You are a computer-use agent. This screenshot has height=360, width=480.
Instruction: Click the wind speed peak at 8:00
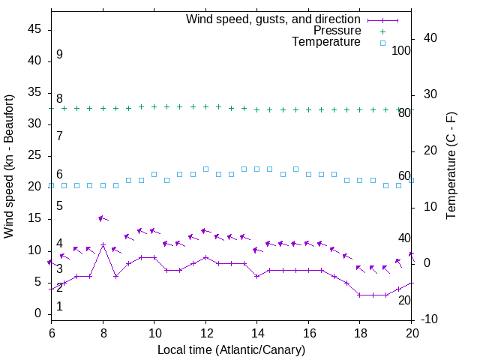103,244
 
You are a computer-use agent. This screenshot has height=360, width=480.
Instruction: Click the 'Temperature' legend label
326,42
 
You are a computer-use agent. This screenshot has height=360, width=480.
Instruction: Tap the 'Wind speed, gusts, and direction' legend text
273,19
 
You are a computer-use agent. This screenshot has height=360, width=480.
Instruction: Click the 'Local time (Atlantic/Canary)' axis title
231,349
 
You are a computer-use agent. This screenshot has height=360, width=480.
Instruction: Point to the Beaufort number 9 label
59,55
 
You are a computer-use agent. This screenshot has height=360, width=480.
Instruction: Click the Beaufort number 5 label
59,205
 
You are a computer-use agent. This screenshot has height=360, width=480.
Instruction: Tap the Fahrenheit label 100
401,51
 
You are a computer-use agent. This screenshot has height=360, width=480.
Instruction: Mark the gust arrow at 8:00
103,218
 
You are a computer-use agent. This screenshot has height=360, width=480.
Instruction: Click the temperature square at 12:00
205,169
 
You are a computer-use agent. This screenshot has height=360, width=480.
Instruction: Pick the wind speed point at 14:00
256,276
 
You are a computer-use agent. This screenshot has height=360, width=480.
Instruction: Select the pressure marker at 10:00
154,106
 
